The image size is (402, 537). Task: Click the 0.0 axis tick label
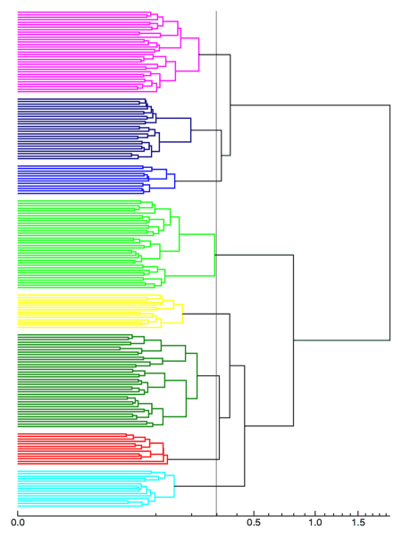(x=18, y=523)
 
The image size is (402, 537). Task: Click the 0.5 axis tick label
(x=254, y=523)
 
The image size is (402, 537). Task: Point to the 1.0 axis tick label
(x=315, y=523)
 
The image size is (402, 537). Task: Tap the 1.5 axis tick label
(x=358, y=523)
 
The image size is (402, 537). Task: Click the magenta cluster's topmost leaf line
(x=84, y=13)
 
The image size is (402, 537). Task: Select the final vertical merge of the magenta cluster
(x=199, y=55)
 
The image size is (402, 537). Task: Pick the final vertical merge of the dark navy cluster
(x=191, y=130)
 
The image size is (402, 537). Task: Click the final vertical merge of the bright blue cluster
(x=174, y=180)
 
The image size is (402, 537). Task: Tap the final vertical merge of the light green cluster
(x=214, y=256)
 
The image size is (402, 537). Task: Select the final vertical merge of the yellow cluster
(x=182, y=314)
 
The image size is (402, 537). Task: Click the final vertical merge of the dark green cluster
(x=197, y=375)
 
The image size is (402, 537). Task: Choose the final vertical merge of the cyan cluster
(x=174, y=486)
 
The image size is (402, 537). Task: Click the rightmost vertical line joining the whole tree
(x=389, y=222)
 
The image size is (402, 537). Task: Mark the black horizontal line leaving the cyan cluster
(x=209, y=486)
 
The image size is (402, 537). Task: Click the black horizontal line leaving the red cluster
(x=194, y=459)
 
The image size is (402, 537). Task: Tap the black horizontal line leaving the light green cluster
(x=254, y=255)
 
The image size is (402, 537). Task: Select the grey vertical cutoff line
(x=216, y=263)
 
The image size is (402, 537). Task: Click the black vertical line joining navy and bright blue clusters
(x=222, y=155)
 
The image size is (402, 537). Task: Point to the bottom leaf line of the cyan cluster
(x=80, y=507)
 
